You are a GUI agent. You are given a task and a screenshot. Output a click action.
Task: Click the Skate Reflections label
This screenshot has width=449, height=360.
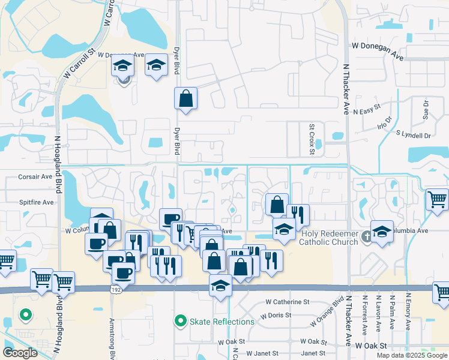pyautogui.click(x=222, y=322)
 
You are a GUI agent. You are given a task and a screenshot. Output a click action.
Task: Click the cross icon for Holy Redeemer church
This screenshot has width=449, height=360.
pyautogui.click(x=367, y=237)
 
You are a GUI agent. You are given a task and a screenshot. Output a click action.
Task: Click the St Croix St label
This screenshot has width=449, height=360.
pyautogui.click(x=312, y=139)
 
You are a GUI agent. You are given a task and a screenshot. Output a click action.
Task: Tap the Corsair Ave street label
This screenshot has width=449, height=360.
pyautogui.click(x=35, y=177)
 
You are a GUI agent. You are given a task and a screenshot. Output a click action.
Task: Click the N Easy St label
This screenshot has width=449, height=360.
pyautogui.click(x=367, y=110)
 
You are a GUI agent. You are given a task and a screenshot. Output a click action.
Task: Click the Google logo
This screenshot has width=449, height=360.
pyautogui.click(x=20, y=353)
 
